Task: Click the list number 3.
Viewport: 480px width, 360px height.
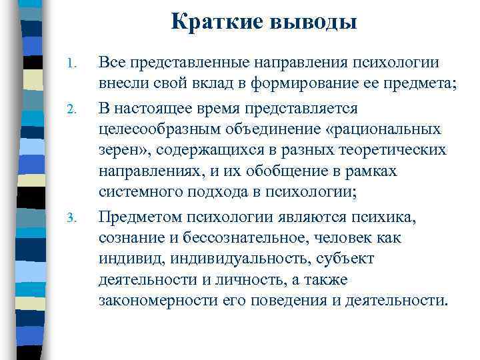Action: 74,217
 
